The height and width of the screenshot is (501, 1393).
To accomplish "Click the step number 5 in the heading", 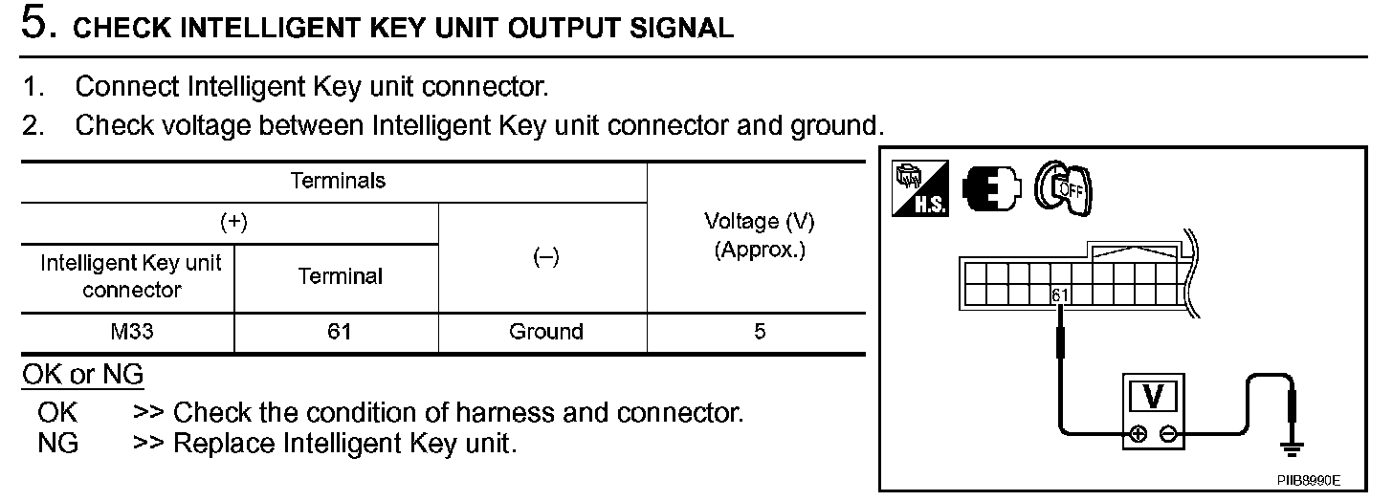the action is pyautogui.click(x=35, y=24).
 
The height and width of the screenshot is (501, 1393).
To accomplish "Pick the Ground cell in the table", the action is pyautogui.click(x=545, y=332).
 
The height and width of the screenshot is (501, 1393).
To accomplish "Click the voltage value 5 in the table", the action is pyautogui.click(x=759, y=332).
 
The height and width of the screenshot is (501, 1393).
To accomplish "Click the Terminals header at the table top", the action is pyautogui.click(x=338, y=181).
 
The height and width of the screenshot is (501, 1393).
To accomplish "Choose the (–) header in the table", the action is pyautogui.click(x=545, y=257).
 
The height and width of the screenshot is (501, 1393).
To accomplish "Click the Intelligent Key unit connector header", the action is pyautogui.click(x=131, y=275).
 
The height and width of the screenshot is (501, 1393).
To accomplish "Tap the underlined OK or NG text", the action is pyautogui.click(x=82, y=375).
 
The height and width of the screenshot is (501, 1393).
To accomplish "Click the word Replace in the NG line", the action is pyautogui.click(x=224, y=444).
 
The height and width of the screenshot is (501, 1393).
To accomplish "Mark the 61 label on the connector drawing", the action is pyautogui.click(x=1059, y=295).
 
